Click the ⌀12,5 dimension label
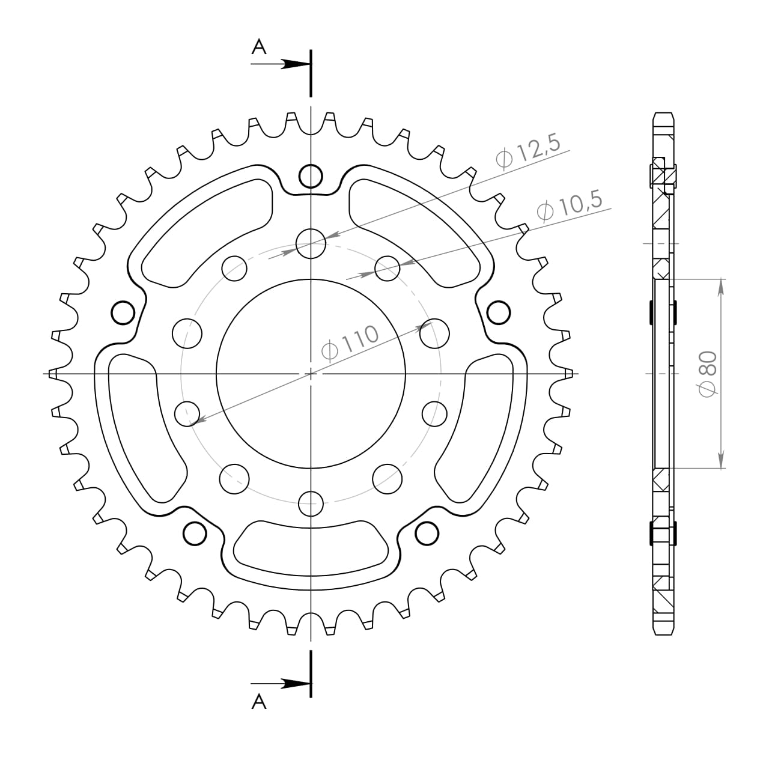click(x=527, y=151)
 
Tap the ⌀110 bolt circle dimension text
click(x=350, y=342)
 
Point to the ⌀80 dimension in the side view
click(x=709, y=374)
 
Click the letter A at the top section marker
click(x=259, y=47)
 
